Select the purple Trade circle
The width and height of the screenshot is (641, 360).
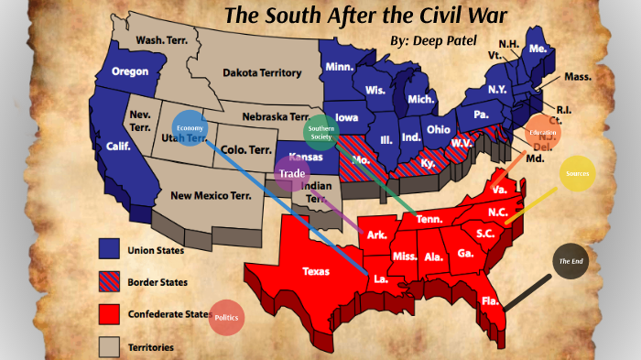point(292,173)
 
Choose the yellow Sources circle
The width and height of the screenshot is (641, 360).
point(578,173)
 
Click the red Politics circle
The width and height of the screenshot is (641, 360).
point(226,317)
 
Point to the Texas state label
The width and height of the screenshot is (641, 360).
point(317,271)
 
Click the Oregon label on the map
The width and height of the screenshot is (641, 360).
point(130,71)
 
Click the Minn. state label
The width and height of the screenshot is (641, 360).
point(341,67)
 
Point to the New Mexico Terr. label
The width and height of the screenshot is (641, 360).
point(211,195)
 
